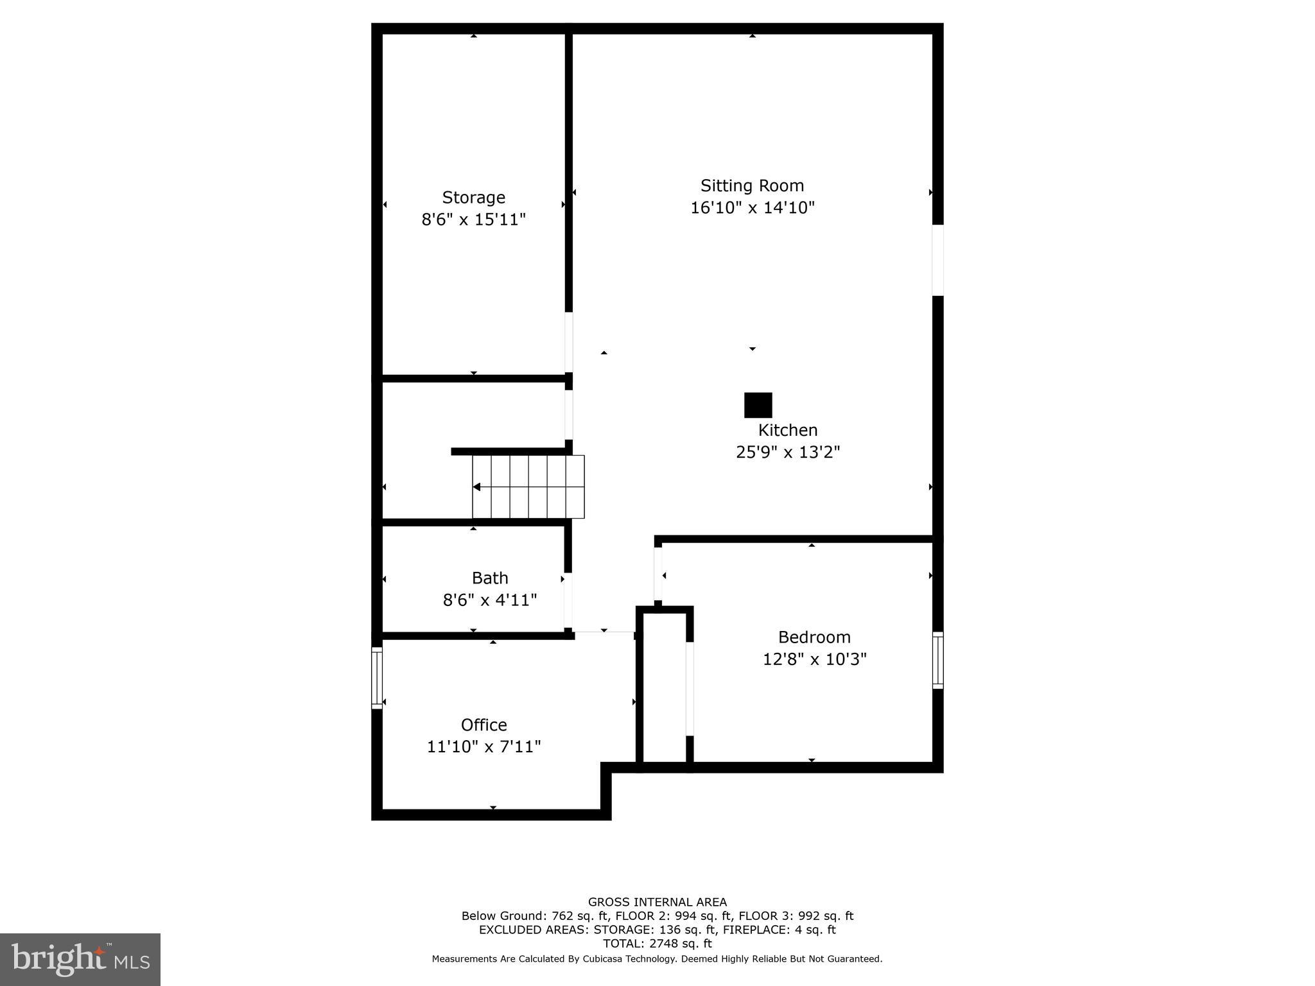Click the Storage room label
(473, 198)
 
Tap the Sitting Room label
(752, 186)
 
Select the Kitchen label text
(787, 430)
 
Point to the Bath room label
(490, 578)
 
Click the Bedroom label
(814, 637)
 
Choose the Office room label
(483, 725)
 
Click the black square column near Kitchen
(758, 406)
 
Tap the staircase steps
(528, 487)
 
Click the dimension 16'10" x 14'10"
(752, 208)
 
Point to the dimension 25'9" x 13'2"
(787, 453)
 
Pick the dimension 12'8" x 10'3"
(814, 659)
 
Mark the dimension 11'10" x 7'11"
(483, 747)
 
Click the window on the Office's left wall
(377, 678)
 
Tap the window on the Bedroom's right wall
(937, 661)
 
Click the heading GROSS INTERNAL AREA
(657, 902)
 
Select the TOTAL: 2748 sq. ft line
(657, 944)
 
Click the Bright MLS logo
(80, 959)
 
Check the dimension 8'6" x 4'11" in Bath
(490, 600)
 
